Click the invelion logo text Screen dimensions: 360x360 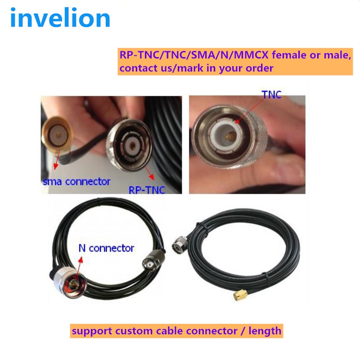[60, 18]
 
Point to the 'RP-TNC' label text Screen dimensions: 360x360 [147, 190]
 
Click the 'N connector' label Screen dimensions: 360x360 [106, 248]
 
